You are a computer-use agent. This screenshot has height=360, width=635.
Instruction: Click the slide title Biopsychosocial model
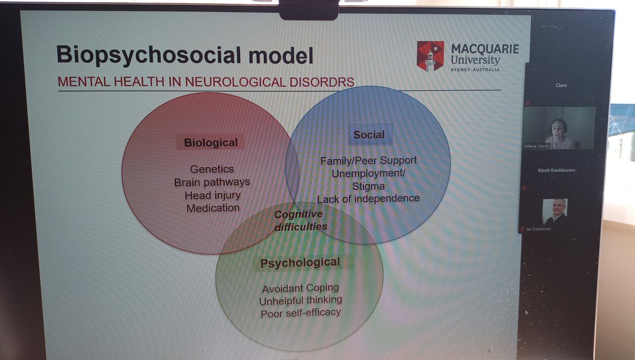point(185,55)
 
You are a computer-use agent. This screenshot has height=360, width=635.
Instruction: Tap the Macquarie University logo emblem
point(430,56)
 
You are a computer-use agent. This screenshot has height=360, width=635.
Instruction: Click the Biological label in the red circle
point(211,142)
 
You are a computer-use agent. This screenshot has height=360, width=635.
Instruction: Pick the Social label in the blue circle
point(369,134)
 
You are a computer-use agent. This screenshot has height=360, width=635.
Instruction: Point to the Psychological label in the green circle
point(300,263)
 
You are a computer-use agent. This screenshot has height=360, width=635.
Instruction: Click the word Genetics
point(212,169)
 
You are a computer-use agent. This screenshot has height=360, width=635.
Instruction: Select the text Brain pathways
point(212,182)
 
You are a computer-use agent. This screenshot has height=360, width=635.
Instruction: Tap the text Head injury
point(212,195)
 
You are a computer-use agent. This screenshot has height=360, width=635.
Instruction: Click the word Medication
point(213,208)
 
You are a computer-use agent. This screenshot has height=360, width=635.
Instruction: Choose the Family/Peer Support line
point(368,160)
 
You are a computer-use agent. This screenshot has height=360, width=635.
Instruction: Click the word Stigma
point(368,186)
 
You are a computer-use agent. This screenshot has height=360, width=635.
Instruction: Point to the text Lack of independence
point(368,199)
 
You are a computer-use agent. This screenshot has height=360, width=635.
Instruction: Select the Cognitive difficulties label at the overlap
point(299,220)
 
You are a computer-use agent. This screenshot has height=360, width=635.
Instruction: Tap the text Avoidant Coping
point(300,289)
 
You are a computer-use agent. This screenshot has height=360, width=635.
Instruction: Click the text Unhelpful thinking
point(300,300)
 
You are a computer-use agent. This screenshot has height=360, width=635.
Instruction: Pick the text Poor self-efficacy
point(300,313)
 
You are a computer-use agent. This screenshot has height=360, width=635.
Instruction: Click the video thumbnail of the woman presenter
point(558,128)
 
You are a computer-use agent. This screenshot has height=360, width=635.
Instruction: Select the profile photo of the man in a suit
point(555,211)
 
